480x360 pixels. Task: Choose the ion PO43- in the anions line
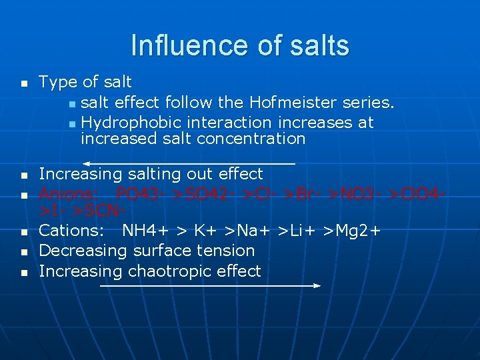point(140,195)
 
